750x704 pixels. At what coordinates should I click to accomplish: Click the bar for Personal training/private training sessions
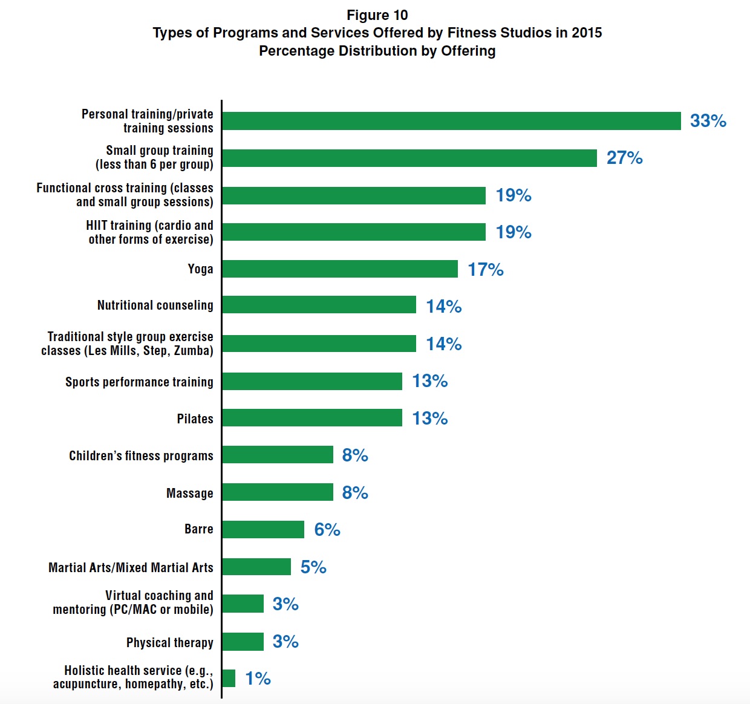coord(451,121)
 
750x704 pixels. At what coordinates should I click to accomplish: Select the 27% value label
coord(624,158)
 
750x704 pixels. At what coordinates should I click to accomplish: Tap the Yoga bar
coord(340,269)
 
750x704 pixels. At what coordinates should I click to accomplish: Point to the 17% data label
coord(485,270)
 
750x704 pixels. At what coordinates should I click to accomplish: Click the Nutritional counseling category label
coord(155,305)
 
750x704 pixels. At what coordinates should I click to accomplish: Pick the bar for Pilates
coord(312,418)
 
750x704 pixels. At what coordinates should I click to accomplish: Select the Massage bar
coord(278,492)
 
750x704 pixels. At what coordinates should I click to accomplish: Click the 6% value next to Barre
coord(327,530)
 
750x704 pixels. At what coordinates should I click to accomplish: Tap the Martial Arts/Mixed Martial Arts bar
coord(256,567)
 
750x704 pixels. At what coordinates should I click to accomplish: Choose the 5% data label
coord(313,567)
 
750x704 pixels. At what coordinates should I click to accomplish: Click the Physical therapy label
coord(170,642)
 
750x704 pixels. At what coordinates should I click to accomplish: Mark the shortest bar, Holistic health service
coord(229,679)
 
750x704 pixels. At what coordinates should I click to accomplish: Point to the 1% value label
coord(258,679)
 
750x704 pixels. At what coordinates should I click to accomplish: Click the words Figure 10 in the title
coord(377,15)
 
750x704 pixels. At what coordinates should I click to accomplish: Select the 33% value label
coord(708,121)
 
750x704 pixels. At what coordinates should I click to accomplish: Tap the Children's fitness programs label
coord(141,456)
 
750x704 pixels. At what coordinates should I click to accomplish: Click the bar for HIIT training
coord(354,232)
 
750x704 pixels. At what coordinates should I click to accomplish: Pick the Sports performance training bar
coord(312,381)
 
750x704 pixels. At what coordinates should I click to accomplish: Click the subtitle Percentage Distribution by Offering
coord(377,51)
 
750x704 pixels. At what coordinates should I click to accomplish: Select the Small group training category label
coord(155,157)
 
